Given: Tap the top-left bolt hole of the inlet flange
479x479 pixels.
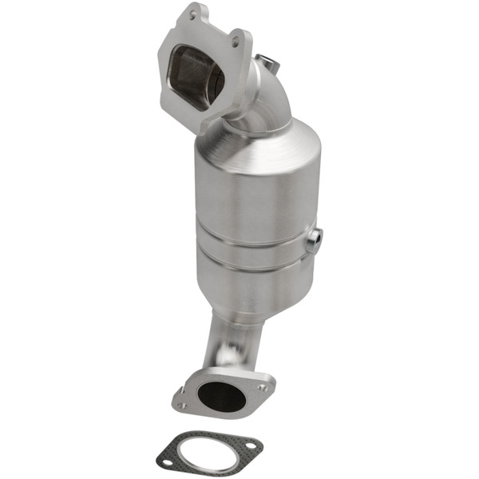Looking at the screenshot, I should click(191, 15).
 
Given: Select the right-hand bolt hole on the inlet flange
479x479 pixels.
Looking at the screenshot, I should click(236, 37).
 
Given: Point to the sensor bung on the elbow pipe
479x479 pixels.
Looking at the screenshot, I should click(269, 61).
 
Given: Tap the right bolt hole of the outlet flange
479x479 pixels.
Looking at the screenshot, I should click(264, 382).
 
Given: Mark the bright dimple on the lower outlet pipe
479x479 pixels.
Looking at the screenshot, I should click(230, 352).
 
